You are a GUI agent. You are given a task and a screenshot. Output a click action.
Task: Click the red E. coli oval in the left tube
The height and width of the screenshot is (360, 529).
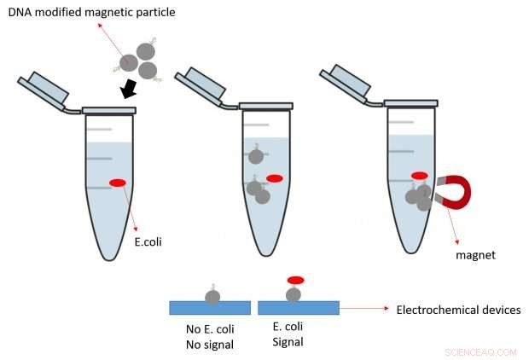pos(118,182)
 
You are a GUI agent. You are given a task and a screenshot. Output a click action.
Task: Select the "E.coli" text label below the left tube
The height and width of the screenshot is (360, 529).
pos(148,241)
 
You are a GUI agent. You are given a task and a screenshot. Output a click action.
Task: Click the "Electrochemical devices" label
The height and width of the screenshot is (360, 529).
pos(458,310)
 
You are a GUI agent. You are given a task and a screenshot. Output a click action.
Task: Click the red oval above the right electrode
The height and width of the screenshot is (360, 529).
pos(294,280)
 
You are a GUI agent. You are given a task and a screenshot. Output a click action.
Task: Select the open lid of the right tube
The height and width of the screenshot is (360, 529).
pos(345,83)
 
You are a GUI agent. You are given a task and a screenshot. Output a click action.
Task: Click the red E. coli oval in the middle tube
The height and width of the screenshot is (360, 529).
pos(274,178)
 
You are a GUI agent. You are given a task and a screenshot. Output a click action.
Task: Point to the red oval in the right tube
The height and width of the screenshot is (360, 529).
pos(420,176)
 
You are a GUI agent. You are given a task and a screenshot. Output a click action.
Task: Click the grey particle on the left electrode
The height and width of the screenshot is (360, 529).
pos(212,296)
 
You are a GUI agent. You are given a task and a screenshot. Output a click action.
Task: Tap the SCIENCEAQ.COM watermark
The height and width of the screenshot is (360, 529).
pos(480,351)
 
